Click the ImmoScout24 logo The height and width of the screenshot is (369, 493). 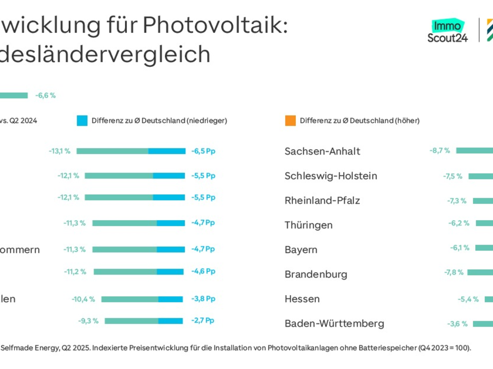click(x=447, y=31)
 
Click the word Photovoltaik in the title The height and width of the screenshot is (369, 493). click(x=213, y=25)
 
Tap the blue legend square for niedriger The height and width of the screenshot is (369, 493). click(x=82, y=121)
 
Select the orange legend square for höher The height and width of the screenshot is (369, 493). click(x=290, y=121)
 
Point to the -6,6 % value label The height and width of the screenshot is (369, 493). click(x=45, y=96)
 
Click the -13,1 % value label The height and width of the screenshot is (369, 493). click(x=59, y=151)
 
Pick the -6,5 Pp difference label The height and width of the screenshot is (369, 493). click(x=203, y=151)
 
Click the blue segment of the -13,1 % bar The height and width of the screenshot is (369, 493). click(x=167, y=151)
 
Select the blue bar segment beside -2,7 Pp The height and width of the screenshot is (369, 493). click(x=170, y=321)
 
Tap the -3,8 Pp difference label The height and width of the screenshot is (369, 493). click(x=203, y=299)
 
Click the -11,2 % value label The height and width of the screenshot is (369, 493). click(x=75, y=271)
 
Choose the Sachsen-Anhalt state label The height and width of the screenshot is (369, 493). click(x=322, y=151)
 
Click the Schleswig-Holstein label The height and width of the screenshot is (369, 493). click(x=331, y=176)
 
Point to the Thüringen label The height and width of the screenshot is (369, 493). click(x=309, y=225)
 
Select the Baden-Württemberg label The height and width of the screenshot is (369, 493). click(x=334, y=323)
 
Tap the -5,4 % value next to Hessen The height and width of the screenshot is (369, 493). click(x=468, y=299)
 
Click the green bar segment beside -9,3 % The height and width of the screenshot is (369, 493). click(x=131, y=321)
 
